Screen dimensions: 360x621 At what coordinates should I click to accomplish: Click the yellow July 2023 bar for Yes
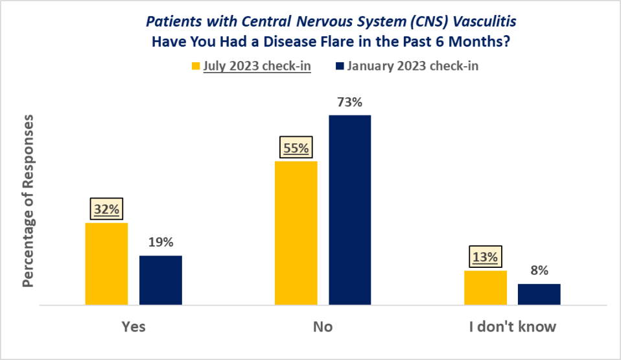coord(106,263)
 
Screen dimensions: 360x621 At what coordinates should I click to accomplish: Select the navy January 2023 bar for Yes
coord(161,280)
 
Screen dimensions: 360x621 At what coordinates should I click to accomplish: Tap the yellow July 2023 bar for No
coord(296,232)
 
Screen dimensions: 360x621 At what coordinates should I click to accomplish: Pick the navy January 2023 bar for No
coord(349,210)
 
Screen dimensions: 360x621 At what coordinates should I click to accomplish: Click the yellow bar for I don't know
coord(486,287)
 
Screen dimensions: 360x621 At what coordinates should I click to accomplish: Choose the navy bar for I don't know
coord(539,294)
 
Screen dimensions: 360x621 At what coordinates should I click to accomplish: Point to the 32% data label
coord(106,210)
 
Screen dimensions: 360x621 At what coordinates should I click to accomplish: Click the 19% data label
coord(160,243)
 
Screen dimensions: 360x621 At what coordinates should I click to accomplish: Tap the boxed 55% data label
coord(296,148)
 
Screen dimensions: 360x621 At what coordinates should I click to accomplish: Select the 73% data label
coord(349,102)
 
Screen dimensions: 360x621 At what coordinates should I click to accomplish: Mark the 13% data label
coord(485,258)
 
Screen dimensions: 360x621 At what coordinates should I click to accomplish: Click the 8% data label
coord(539,270)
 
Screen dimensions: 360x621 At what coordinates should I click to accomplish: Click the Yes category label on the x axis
coord(134,326)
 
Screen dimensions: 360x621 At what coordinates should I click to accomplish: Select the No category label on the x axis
coord(322,326)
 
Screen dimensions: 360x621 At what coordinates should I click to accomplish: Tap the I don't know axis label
coord(512,326)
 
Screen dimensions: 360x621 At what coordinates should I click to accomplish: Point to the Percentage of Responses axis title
coord(28,202)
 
